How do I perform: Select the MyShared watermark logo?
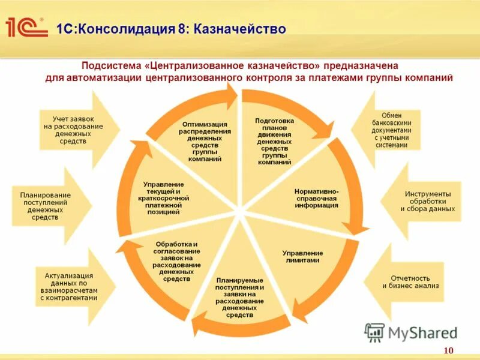tap(410, 332)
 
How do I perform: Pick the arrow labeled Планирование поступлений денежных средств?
tap(46, 206)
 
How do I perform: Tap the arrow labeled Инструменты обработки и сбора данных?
tap(427, 201)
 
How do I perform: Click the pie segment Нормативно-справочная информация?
tap(316, 198)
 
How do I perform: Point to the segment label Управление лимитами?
tap(302, 257)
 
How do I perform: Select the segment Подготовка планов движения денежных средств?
tap(272, 141)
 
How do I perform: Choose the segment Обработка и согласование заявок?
tap(176, 261)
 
